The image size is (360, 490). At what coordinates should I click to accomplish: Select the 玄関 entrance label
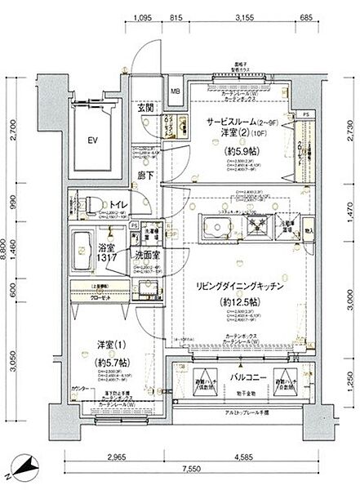[145, 108]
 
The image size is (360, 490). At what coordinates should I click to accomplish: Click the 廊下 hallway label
[145, 174]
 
